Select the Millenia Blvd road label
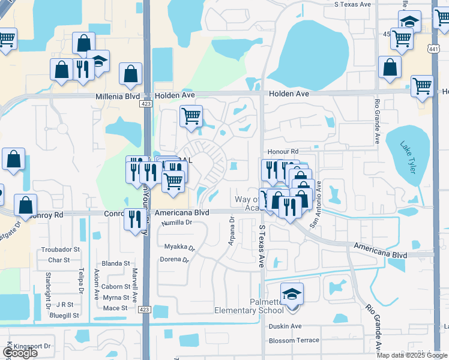pyautogui.click(x=117, y=97)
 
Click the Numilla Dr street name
pyautogui.click(x=177, y=223)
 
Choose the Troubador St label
pyautogui.click(x=60, y=249)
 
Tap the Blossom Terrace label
pyautogui.click(x=294, y=340)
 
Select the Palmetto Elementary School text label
pyautogui.click(x=249, y=306)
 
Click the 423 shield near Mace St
pyautogui.click(x=146, y=308)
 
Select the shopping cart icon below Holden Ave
pyautogui.click(x=191, y=116)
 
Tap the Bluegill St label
pyautogui.click(x=65, y=315)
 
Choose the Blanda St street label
pyautogui.click(x=116, y=263)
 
